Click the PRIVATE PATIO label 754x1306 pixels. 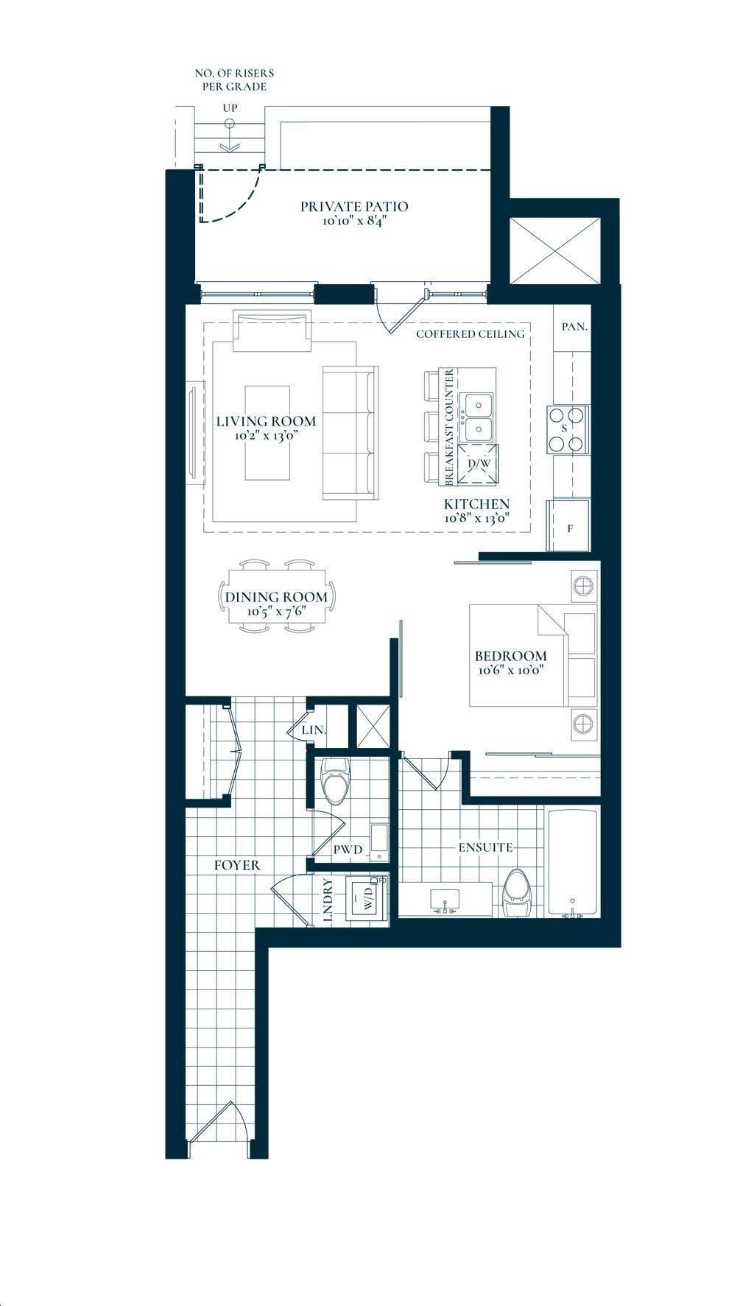[x=353, y=206]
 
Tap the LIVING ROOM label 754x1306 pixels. [x=266, y=421]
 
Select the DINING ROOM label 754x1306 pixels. [x=276, y=596]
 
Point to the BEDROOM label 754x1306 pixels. [x=511, y=656]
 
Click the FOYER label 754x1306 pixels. [x=237, y=865]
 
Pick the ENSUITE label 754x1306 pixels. [x=485, y=847]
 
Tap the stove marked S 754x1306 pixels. [x=566, y=428]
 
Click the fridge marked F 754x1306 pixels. [x=568, y=525]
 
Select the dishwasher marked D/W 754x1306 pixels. [x=479, y=465]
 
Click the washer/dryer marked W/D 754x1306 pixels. [x=365, y=898]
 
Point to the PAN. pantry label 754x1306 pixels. [x=574, y=326]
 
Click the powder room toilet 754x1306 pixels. [x=337, y=780]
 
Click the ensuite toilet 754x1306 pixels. [x=518, y=892]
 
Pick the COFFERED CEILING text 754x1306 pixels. [x=471, y=333]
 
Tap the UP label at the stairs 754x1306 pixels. [x=230, y=108]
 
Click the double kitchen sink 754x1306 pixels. [x=478, y=416]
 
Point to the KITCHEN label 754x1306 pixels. [x=476, y=504]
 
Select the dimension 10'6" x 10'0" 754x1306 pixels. [x=511, y=671]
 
